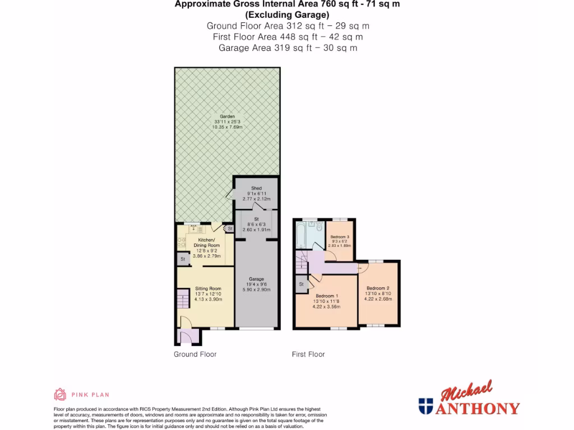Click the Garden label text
pyautogui.click(x=227, y=116)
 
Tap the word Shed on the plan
pyautogui.click(x=257, y=188)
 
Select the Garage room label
pyautogui.click(x=256, y=279)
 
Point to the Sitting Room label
pyautogui.click(x=205, y=289)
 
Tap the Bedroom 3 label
pyautogui.click(x=340, y=237)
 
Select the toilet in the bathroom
pyautogui.click(x=318, y=227)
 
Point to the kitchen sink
pyautogui.click(x=194, y=228)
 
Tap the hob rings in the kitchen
pyautogui.click(x=182, y=242)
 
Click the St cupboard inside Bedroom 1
pyautogui.click(x=301, y=284)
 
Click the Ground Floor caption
pyautogui.click(x=195, y=354)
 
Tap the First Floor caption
pyautogui.click(x=308, y=354)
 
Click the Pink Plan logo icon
pyautogui.click(x=60, y=394)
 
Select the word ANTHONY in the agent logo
pyautogui.click(x=478, y=408)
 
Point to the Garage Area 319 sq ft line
pyautogui.click(x=288, y=48)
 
